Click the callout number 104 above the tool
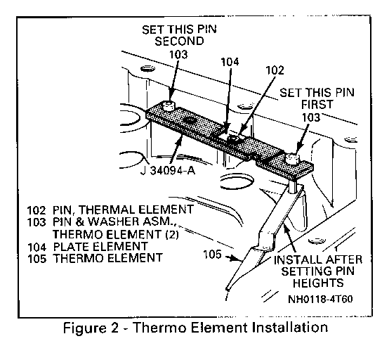point(230,62)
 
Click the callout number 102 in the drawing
point(275,70)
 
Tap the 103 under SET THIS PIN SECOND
point(178,54)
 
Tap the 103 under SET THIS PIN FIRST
point(311,117)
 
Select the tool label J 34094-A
point(168,170)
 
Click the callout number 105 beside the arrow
point(212,255)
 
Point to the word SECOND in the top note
point(179,41)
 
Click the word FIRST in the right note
point(317,104)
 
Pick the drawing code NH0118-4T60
point(320,299)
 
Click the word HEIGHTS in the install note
point(318,283)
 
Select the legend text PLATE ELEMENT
point(100,247)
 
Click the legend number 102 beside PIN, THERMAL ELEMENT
point(37,210)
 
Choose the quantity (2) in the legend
point(172,234)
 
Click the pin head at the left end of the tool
point(169,105)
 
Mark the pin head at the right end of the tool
point(292,158)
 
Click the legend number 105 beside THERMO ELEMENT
point(37,259)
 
